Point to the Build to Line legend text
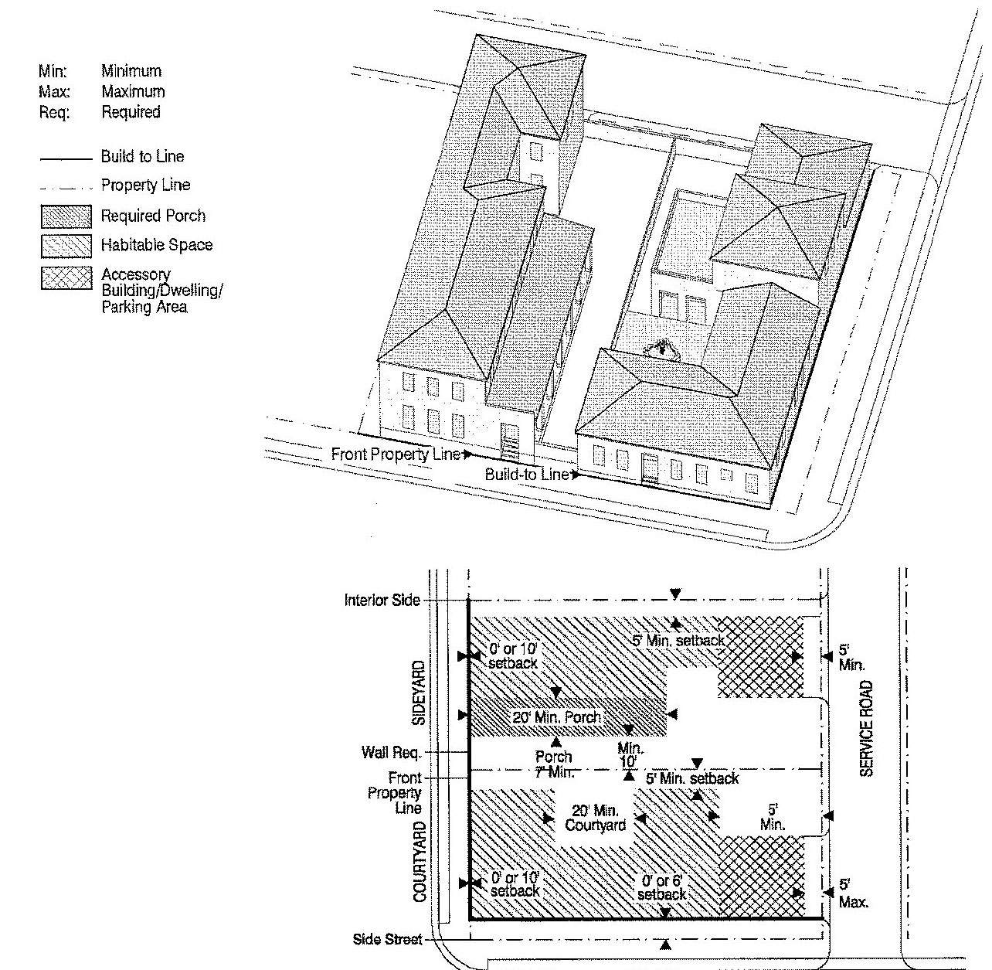point(142,157)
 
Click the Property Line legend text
point(145,185)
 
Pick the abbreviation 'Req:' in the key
point(53,112)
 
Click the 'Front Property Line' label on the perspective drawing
point(396,454)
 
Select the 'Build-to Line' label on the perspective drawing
point(527,474)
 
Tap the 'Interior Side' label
point(382,600)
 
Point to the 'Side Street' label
point(388,939)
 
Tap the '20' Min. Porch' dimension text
point(556,717)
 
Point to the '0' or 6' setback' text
point(661,887)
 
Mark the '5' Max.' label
point(852,893)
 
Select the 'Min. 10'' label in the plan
point(630,755)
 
